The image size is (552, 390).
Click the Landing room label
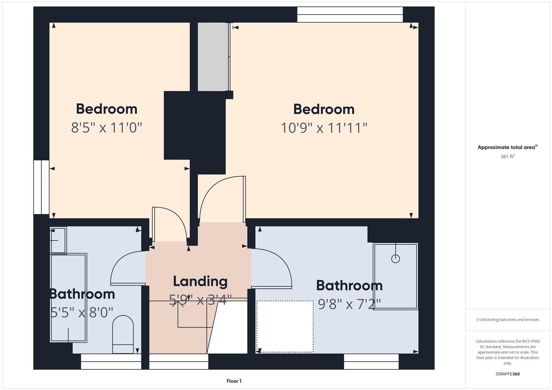pos(200,282)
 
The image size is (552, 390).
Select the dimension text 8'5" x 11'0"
pos(106,127)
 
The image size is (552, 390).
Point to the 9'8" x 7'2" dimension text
pos(349,304)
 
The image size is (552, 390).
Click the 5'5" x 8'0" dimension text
pos(81,312)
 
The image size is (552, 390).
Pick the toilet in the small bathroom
pos(123,334)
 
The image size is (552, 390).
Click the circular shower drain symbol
pos(395,259)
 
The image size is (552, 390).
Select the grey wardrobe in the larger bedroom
pos(213,57)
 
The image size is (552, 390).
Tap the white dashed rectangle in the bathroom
pos(285,326)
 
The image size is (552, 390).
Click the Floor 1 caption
pos(234,381)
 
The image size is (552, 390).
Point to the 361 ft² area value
pos(508,156)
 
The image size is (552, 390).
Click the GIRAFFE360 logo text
pos(508,374)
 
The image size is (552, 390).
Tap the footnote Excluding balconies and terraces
pos(508,320)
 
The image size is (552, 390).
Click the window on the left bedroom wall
pos(42,187)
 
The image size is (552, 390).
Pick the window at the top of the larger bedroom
pos(350,14)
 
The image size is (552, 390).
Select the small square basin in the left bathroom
pos(58,240)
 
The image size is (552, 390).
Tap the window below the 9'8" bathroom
pos(371,361)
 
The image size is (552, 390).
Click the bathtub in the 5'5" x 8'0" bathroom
pos(69,298)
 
